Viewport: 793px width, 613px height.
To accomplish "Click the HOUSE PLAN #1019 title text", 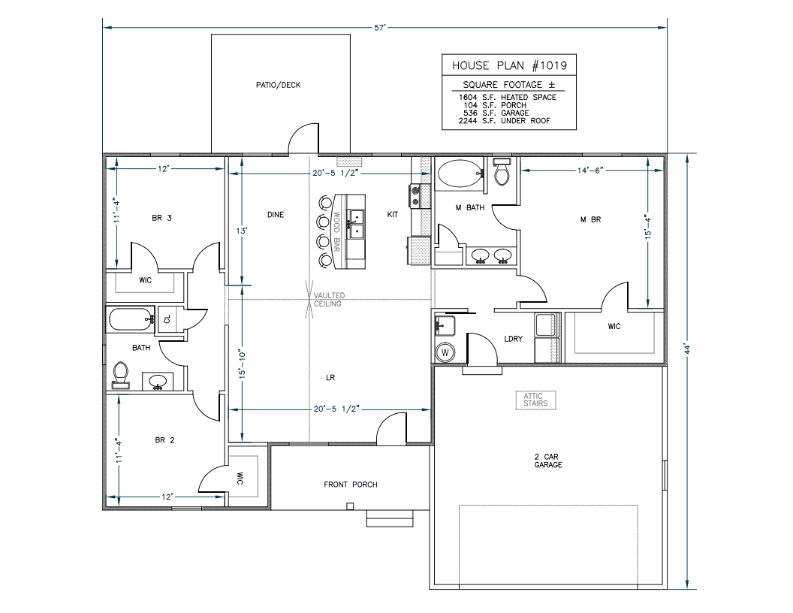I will point(508,65).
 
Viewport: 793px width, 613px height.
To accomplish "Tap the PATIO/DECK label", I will point(278,85).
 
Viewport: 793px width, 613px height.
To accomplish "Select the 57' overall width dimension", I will point(381,27).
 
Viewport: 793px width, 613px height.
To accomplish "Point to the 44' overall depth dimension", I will point(688,348).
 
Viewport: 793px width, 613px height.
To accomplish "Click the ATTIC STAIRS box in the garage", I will point(536,400).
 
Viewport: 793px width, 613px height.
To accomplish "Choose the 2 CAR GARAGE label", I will point(548,460).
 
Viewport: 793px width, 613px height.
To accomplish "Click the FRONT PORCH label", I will point(350,485).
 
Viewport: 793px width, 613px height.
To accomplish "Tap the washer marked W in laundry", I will point(445,351).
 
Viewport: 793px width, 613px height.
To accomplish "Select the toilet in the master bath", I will point(502,173).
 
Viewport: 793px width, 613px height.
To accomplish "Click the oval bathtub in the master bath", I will point(458,174).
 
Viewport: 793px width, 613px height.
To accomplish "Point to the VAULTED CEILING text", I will point(329,300).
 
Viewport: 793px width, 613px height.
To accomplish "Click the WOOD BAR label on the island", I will point(337,231).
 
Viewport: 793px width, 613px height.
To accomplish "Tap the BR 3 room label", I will point(162,218).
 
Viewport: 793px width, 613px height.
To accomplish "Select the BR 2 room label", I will point(164,440).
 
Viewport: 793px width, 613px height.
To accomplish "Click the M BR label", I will point(591,220).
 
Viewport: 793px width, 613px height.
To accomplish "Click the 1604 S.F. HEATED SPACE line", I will point(508,97).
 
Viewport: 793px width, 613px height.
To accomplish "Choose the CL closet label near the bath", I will point(167,319).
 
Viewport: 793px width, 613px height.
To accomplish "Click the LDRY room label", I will point(513,339).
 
